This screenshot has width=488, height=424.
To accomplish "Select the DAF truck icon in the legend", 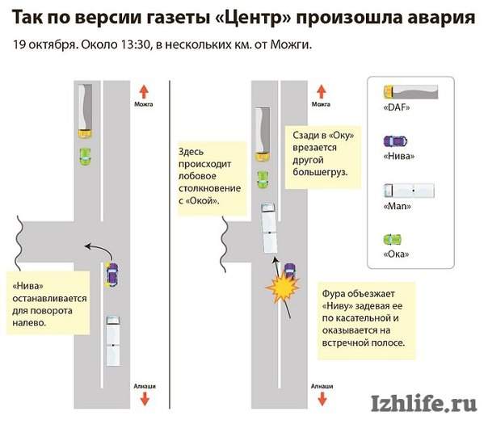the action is [x=410, y=92].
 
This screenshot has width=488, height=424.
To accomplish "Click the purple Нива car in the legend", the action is [x=395, y=141].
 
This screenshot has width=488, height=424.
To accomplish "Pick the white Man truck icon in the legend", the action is [x=409, y=190].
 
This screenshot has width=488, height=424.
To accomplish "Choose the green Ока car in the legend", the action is [x=393, y=240].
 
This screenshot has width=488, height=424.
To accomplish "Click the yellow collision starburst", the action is [x=283, y=288].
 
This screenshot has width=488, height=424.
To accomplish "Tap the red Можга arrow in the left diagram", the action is [x=144, y=92].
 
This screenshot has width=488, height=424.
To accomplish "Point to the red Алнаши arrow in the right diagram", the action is [x=322, y=399].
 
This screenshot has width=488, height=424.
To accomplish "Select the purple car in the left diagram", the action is [x=111, y=275].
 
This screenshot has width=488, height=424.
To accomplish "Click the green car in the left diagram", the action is [x=85, y=157].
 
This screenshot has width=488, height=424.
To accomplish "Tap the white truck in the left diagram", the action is [x=113, y=341].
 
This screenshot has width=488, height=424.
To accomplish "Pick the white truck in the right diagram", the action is [x=269, y=228].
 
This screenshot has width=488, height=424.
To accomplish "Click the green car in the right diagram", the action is [x=263, y=179].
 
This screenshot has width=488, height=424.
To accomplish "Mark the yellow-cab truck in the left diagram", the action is [x=85, y=111].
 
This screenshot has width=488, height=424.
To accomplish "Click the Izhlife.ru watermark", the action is [x=424, y=404].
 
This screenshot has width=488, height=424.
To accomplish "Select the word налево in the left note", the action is [x=29, y=322].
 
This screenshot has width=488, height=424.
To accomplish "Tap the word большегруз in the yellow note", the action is [x=320, y=172].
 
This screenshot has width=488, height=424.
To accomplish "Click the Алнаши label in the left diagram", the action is [x=145, y=386].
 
